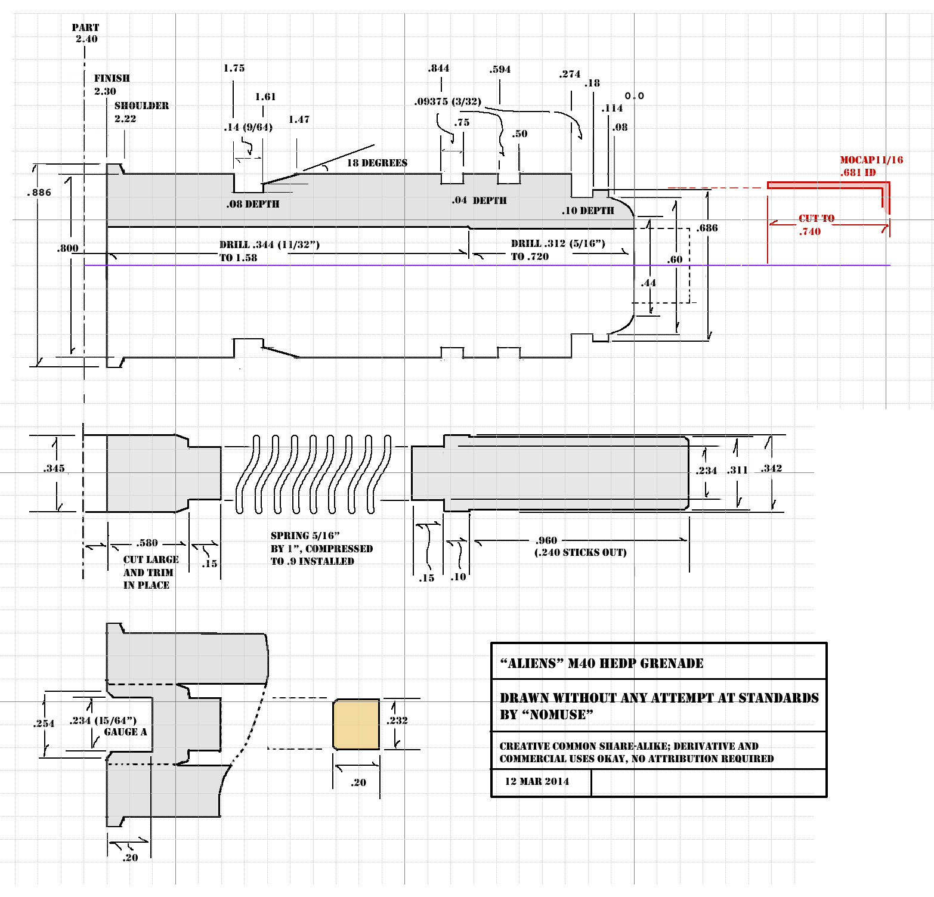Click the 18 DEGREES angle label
pos(377,163)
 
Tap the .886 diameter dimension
pos(39,192)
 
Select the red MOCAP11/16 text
pos(871,160)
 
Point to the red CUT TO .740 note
pos(816,225)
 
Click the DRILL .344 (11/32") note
pos(269,245)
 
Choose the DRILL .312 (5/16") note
pos(558,243)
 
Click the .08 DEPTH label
pos(253,204)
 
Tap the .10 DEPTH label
pos(587,211)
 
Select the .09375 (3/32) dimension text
pos(447,101)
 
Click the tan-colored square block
pos(356,724)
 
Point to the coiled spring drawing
pos(313,474)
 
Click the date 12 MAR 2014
pos(537,781)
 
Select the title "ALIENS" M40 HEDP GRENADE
pos(601,663)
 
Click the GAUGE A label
pos(125,732)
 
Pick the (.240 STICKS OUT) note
pos(580,552)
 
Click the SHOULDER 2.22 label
pos(141,112)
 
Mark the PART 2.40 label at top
pos(86,33)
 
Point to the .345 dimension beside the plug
pos(54,468)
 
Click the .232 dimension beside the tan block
pos(397,720)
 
